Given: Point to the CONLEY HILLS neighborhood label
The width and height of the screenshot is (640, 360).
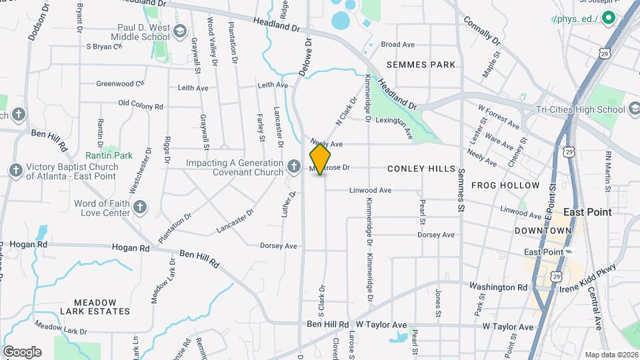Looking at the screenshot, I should pyautogui.click(x=421, y=169).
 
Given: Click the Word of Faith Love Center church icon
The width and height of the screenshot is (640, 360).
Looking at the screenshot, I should pyautogui.click(x=139, y=207).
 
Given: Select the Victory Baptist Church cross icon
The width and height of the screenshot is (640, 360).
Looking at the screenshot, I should pyautogui.click(x=15, y=171).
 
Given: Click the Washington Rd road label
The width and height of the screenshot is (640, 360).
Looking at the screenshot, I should pyautogui.click(x=498, y=288).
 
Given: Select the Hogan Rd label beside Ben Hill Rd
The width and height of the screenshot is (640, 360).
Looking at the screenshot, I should pyautogui.click(x=131, y=247).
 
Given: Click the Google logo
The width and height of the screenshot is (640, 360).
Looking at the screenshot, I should pyautogui.click(x=22, y=351).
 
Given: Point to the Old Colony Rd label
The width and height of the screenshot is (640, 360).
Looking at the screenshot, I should pyautogui.click(x=140, y=105).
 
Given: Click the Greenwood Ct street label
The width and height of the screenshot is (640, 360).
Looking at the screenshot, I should pyautogui.click(x=120, y=84).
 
